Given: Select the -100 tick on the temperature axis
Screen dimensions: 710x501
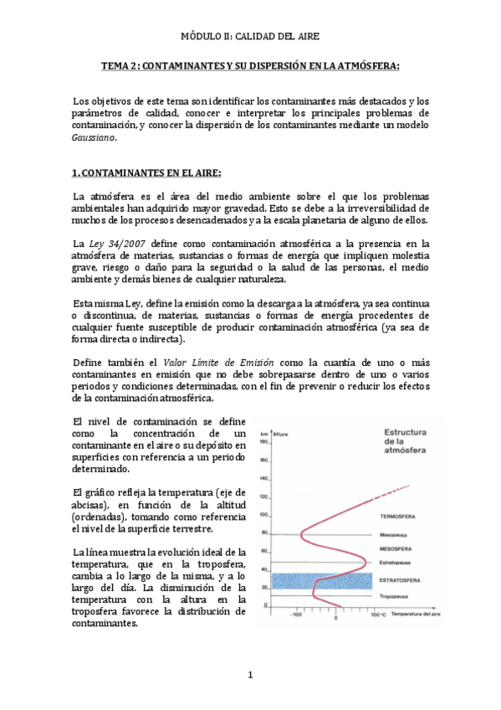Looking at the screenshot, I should (296, 615).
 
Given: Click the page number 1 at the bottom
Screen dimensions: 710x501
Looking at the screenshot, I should (250, 675).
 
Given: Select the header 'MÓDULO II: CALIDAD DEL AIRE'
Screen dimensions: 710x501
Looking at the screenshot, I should (250, 37).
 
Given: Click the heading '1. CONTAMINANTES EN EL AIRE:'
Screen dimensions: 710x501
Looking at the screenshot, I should (146, 172).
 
